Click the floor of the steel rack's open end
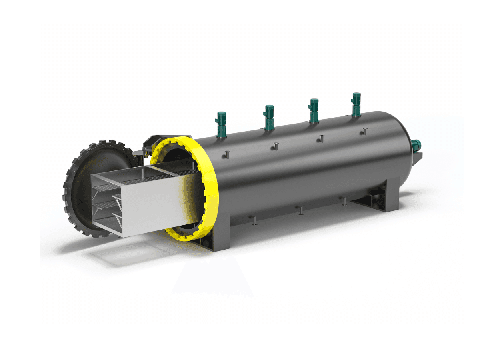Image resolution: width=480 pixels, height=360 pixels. pos(106,226)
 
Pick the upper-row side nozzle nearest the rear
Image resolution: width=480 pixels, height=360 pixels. pos(364,130)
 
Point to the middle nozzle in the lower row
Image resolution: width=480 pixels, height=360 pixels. pos(300,210)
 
